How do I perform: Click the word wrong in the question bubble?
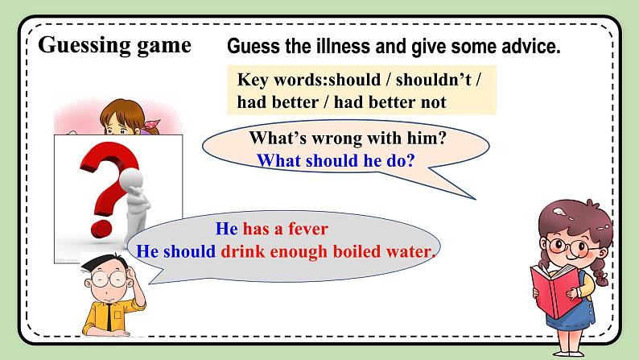point(337,138)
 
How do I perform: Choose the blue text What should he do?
point(336,160)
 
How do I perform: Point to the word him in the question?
point(422,138)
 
